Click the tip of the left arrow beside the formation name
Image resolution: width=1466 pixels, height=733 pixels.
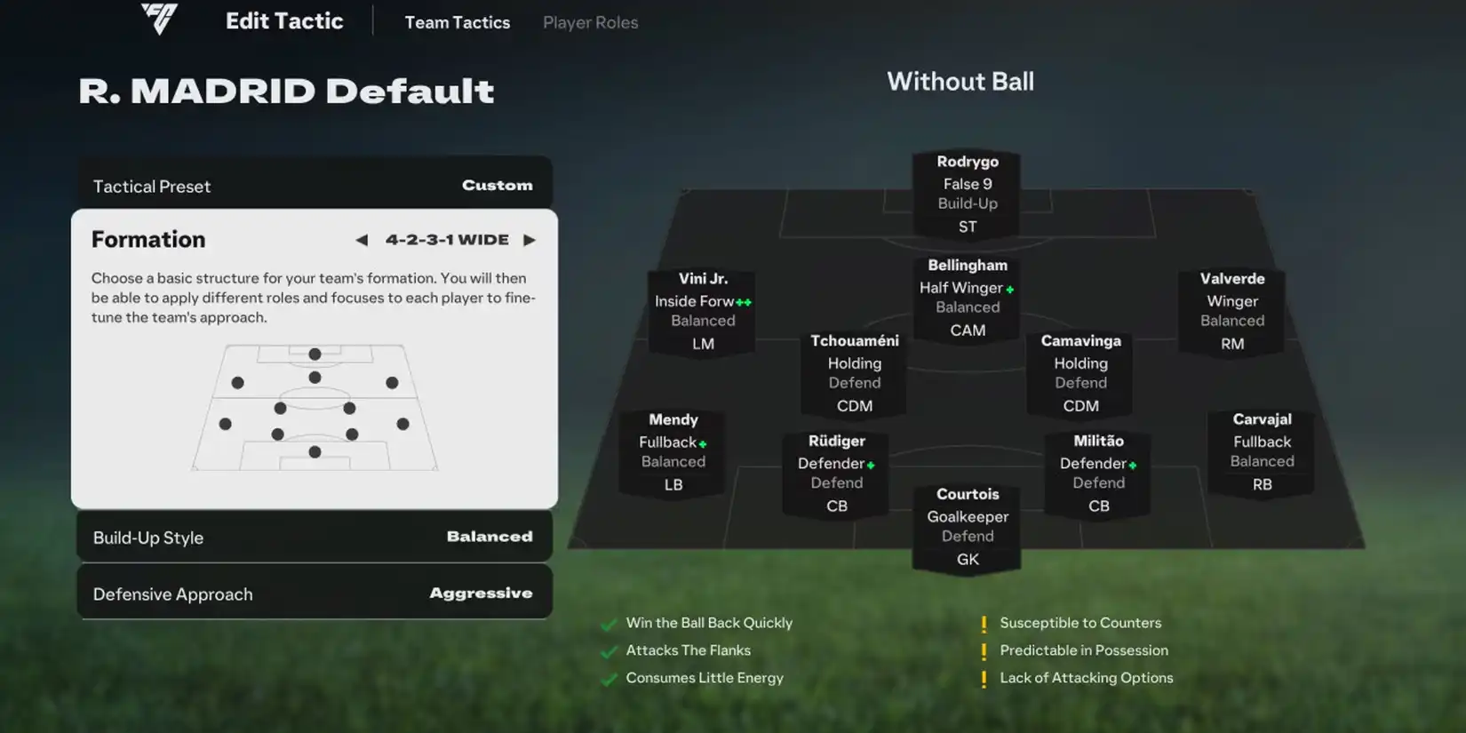[356, 240]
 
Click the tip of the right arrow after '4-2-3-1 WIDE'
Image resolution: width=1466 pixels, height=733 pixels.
[536, 240]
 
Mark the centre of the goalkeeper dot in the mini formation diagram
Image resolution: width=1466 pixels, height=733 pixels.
[315, 452]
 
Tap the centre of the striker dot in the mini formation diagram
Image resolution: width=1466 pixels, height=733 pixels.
[315, 355]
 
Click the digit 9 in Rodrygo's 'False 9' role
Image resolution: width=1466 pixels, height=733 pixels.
[987, 184]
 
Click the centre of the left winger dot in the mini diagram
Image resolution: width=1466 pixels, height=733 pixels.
[237, 383]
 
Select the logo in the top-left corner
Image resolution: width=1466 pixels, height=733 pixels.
[159, 19]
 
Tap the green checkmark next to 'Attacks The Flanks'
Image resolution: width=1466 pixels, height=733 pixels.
[609, 651]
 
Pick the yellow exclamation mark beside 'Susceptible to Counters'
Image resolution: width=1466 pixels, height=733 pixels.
[984, 624]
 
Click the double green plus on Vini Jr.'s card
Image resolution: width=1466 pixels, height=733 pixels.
[744, 302]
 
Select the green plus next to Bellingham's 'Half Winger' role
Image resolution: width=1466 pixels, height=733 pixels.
[1010, 290]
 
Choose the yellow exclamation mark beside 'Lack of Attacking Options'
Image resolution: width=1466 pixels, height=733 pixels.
[984, 679]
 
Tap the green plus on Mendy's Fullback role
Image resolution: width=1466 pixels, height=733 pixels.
[702, 443]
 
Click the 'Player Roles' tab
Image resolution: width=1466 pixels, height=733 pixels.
[590, 22]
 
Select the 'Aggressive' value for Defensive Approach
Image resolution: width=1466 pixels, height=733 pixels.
[481, 593]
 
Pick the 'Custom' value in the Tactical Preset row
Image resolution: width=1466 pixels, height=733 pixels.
[498, 185]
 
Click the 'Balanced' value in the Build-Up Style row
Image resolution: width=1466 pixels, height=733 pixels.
[490, 537]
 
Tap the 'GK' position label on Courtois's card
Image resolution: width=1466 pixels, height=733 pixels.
[968, 560]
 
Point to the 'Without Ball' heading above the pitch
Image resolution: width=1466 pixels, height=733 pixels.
[960, 82]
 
